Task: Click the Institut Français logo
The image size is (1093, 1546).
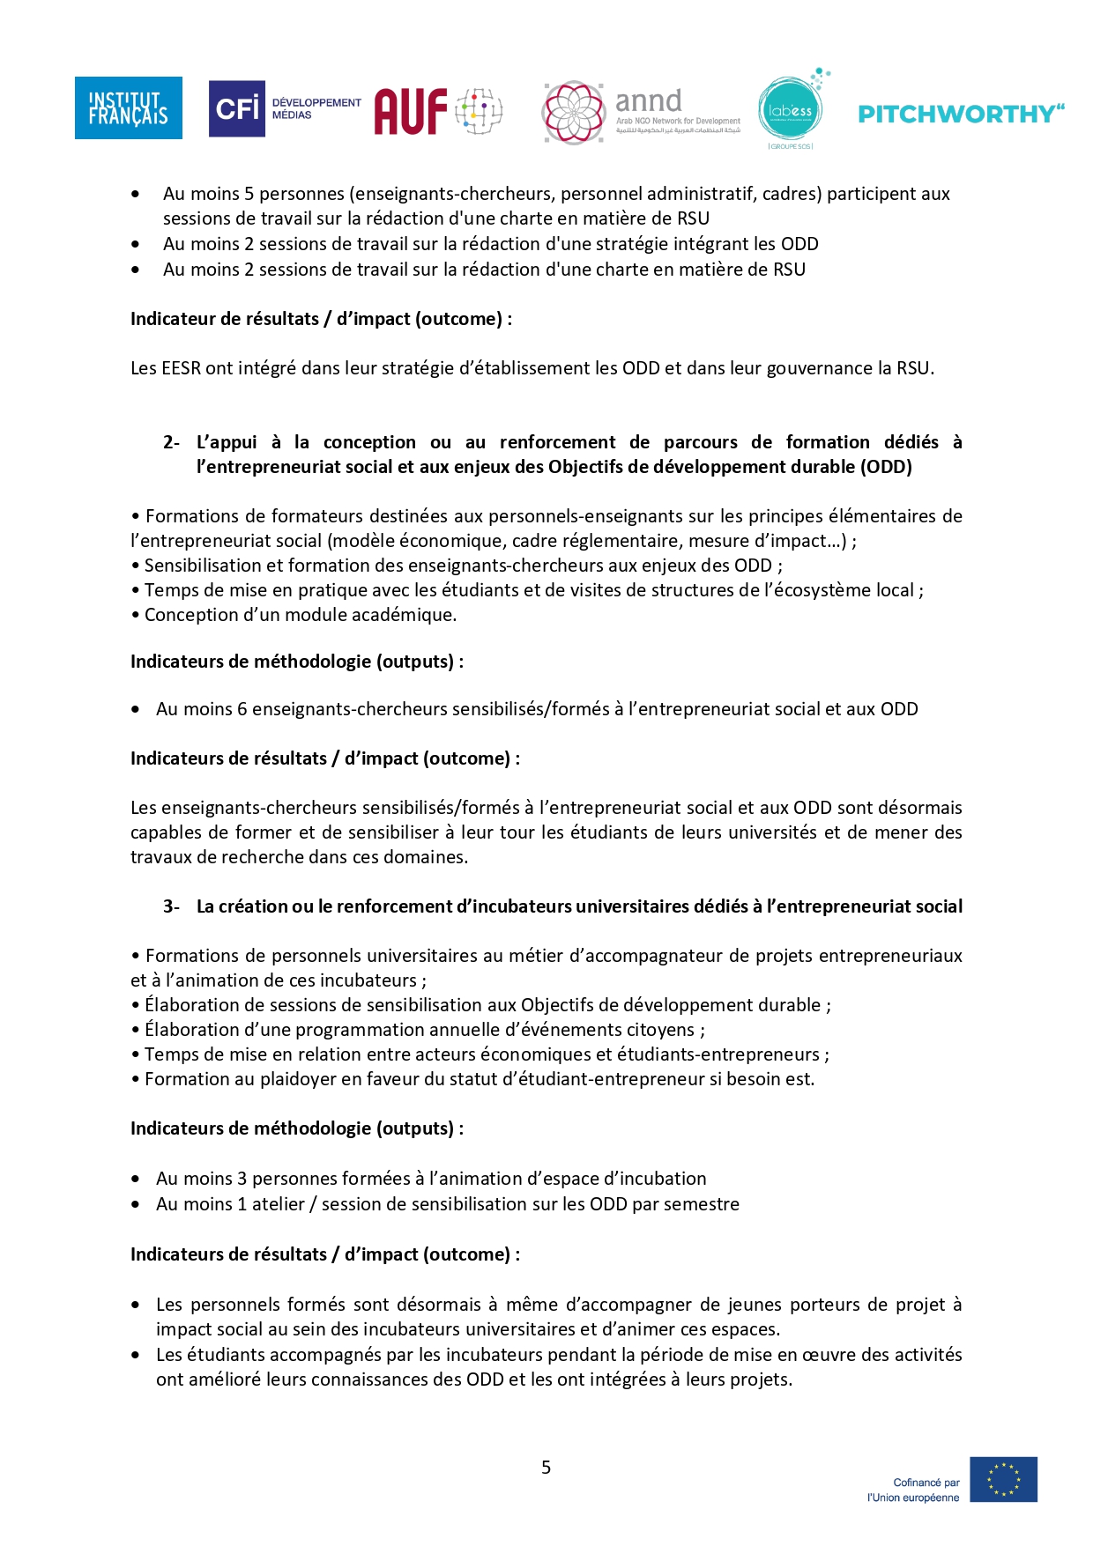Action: (128, 108)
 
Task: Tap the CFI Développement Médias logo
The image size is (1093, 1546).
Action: (284, 108)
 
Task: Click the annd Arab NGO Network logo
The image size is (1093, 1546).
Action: (642, 113)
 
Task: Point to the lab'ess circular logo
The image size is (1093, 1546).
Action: (790, 110)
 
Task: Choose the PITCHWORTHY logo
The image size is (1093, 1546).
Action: (961, 114)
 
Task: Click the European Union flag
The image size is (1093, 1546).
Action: (1003, 1479)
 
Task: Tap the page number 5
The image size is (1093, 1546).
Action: (546, 1467)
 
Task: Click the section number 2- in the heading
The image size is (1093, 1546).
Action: (171, 442)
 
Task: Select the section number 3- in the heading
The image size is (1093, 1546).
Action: (171, 906)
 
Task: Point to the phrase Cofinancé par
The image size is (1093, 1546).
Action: (926, 1483)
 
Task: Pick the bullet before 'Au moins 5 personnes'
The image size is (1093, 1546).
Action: (135, 194)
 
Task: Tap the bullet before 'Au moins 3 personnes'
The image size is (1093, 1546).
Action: (135, 1179)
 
